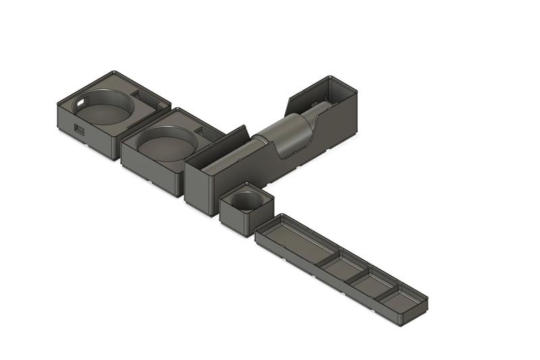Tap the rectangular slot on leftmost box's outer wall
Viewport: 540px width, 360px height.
click(79, 128)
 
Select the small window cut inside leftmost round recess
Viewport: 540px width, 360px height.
click(82, 102)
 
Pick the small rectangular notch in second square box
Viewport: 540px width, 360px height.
click(202, 130)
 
